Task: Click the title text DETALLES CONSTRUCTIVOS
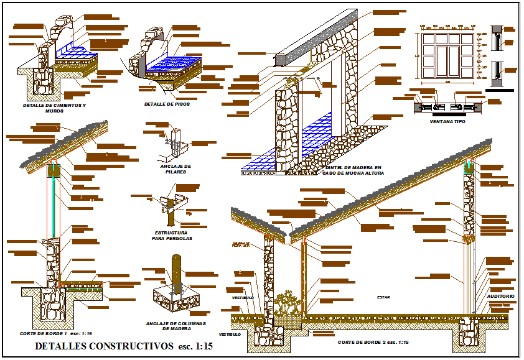click(x=103, y=346)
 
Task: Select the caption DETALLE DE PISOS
click(x=166, y=104)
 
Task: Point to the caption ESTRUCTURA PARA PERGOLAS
click(x=174, y=236)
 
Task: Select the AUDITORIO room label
click(x=501, y=297)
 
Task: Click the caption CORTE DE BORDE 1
click(x=42, y=334)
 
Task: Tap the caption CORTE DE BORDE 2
click(x=364, y=343)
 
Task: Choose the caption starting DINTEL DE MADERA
click(x=353, y=170)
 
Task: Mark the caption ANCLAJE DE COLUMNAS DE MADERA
click(x=176, y=326)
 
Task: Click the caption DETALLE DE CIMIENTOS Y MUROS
click(x=55, y=108)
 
